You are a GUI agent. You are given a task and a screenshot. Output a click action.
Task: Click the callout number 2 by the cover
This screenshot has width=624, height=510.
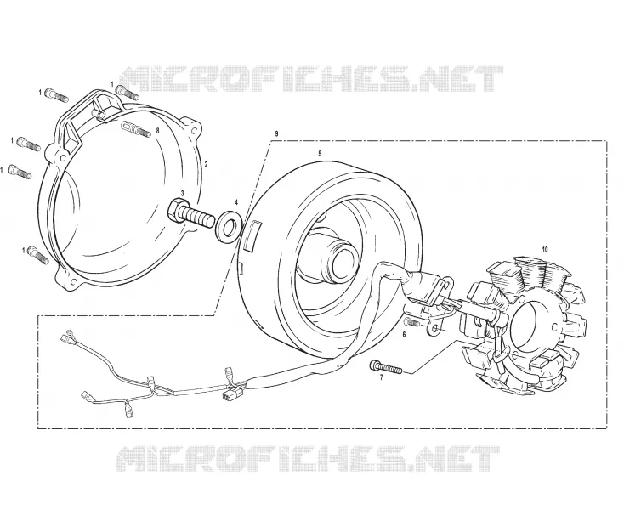click(x=206, y=163)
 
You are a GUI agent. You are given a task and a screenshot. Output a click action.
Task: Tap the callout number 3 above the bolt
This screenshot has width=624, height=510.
click(x=182, y=193)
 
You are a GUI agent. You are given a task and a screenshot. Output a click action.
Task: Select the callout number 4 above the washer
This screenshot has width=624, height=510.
click(x=236, y=202)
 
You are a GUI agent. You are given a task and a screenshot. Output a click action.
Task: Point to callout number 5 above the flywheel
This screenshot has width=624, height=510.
click(x=320, y=153)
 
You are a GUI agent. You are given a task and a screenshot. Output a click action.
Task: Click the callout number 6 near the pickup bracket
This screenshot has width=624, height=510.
click(x=405, y=335)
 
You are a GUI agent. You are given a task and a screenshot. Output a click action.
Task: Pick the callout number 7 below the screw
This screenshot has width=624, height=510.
click(x=381, y=378)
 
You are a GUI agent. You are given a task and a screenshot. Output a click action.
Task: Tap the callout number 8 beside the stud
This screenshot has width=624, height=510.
click(x=157, y=130)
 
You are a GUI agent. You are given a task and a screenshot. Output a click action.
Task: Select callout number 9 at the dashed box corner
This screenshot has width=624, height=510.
click(x=276, y=133)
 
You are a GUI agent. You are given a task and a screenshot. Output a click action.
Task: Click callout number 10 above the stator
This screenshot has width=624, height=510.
click(x=545, y=249)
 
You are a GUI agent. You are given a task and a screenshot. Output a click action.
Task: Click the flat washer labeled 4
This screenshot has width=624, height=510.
click(x=229, y=227)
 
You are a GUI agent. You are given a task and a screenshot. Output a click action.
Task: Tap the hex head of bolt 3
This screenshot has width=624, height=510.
click(x=175, y=212)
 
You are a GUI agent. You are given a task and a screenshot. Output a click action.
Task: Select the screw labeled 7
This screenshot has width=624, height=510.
click(x=386, y=367)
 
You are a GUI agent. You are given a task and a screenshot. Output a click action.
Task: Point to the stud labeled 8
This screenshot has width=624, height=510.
click(x=134, y=128)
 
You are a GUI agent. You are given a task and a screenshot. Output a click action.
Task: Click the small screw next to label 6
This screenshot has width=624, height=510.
click(x=411, y=321)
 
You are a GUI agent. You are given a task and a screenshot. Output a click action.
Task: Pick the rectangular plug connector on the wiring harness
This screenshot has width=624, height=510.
click(x=229, y=396)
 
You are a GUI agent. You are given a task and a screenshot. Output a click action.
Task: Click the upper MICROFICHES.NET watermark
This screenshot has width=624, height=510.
click(x=311, y=79)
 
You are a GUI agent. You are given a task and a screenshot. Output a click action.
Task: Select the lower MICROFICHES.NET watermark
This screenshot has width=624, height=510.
click(x=307, y=459)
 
